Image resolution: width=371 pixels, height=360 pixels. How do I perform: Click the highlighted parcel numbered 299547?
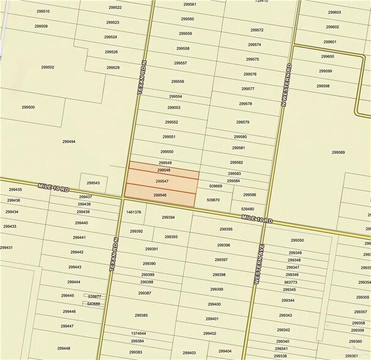point(162,182)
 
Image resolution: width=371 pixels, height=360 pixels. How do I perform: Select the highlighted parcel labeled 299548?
point(163,170)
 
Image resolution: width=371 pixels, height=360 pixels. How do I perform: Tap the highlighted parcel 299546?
point(160,195)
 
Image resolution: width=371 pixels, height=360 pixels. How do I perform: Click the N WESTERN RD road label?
point(285,86)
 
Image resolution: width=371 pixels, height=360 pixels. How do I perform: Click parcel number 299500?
point(28,107)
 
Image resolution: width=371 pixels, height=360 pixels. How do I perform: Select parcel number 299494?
point(69,141)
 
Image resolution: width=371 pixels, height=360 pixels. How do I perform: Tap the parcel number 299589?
point(339,152)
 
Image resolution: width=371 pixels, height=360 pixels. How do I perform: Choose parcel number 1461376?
point(133,212)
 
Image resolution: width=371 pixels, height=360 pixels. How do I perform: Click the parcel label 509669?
point(215,186)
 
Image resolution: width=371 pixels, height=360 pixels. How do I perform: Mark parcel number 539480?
point(248,209)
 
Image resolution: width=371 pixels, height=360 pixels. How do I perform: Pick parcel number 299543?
point(93,182)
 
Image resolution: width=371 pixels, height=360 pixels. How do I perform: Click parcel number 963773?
point(290,282)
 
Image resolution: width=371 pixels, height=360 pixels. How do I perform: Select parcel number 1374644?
point(138,334)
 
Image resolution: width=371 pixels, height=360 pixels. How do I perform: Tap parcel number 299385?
point(141,315)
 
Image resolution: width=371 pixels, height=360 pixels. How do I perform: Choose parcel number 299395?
point(225,229)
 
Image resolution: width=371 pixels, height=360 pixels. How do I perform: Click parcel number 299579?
point(242,122)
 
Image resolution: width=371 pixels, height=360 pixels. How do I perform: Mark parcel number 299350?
point(297,240)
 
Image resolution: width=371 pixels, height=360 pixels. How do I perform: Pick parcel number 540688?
point(94,304)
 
